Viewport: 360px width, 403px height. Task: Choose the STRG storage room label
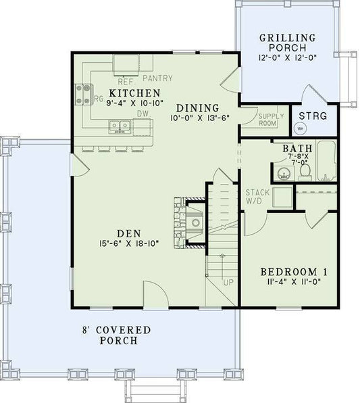(x=313, y=116)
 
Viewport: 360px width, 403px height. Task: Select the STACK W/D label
(x=257, y=196)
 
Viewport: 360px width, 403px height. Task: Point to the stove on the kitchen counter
(x=84, y=94)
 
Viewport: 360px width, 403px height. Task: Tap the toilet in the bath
(x=304, y=173)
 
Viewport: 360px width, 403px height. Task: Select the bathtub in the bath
(x=326, y=162)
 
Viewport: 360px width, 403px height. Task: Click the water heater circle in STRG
(x=301, y=126)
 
